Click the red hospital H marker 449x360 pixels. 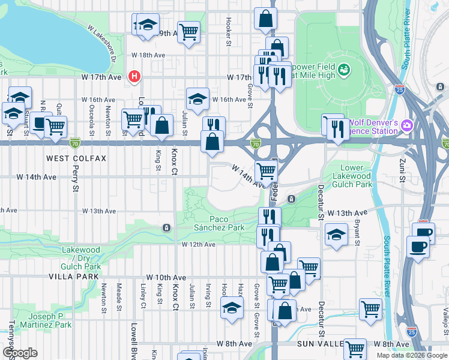(x=135, y=77)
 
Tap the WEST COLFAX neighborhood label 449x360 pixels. (x=76, y=158)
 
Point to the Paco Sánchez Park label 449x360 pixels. (x=219, y=223)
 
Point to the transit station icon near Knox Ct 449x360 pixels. (x=166, y=227)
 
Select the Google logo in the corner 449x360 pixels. (x=20, y=353)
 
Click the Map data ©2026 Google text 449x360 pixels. (x=412, y=355)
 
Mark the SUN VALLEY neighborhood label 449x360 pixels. (x=321, y=344)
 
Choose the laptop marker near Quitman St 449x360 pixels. (x=40, y=123)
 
